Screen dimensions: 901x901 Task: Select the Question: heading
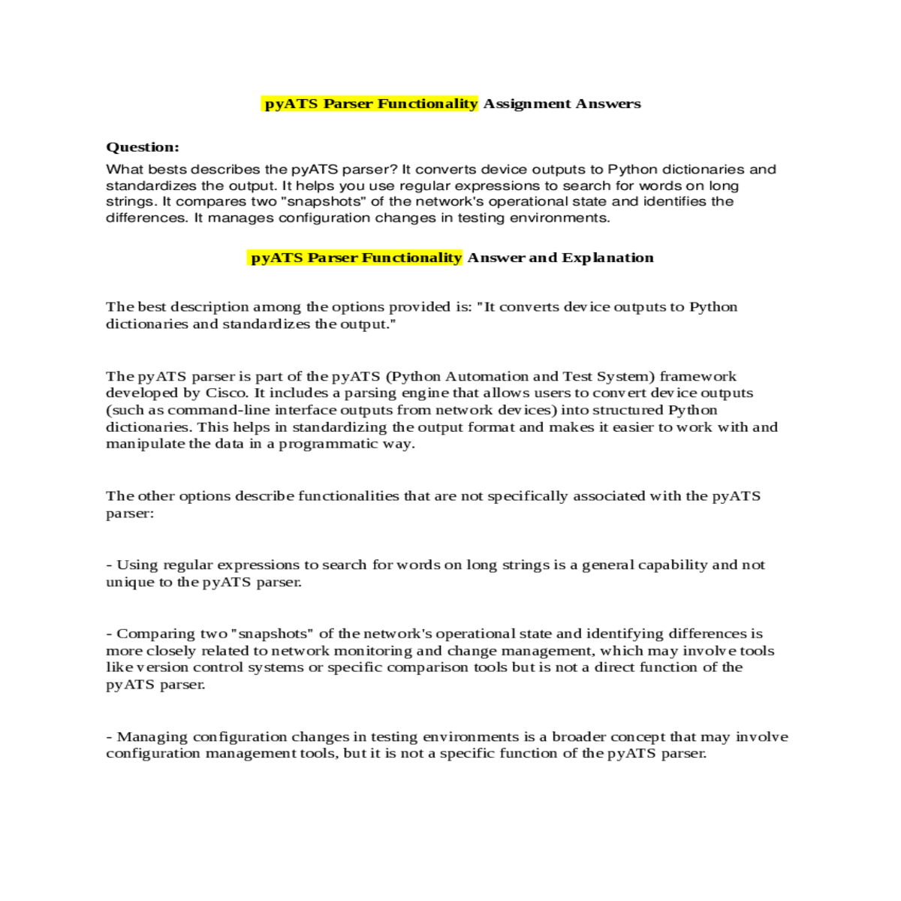click(x=143, y=147)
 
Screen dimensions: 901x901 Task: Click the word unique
click(x=128, y=582)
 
